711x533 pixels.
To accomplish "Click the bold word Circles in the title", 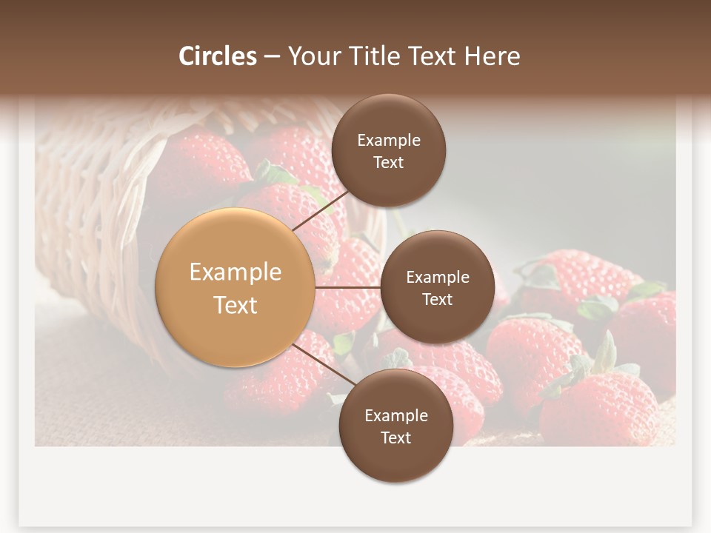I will (x=218, y=56).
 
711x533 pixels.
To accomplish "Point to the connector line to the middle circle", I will (x=348, y=287).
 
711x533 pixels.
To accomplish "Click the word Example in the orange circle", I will (x=236, y=272).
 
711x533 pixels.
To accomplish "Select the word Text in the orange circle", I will (x=236, y=305).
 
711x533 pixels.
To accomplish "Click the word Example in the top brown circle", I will (x=388, y=140).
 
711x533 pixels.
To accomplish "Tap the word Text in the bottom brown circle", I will (x=395, y=438).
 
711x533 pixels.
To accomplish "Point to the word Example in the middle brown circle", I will (x=437, y=277).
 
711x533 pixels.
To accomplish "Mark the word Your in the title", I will (x=311, y=56).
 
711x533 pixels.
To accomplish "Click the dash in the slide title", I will (x=271, y=56).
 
